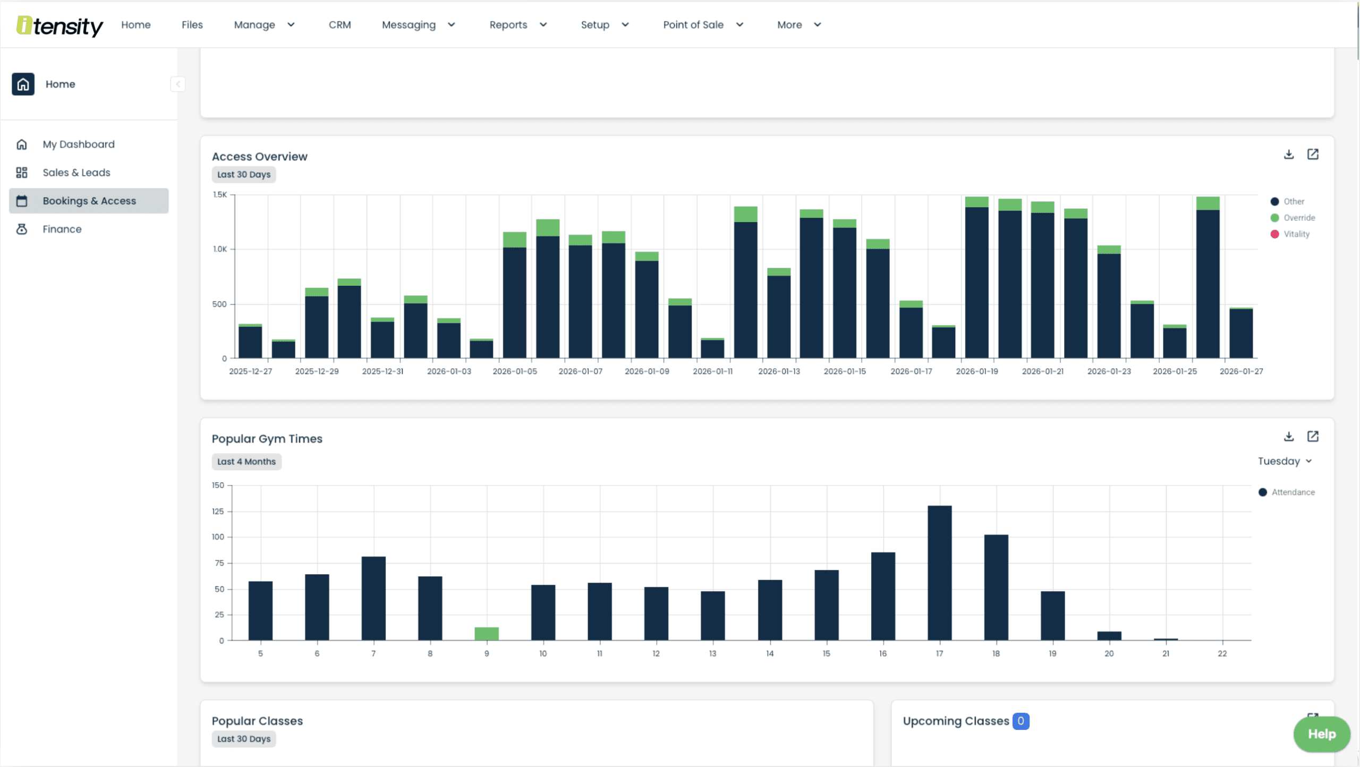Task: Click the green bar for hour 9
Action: pyautogui.click(x=486, y=634)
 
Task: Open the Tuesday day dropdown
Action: pyautogui.click(x=1285, y=461)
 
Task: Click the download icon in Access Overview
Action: pyautogui.click(x=1289, y=155)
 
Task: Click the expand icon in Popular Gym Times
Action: pyautogui.click(x=1313, y=437)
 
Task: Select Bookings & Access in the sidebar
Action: pyautogui.click(x=89, y=201)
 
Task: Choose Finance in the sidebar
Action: pyautogui.click(x=62, y=229)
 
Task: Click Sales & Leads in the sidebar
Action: pyautogui.click(x=76, y=173)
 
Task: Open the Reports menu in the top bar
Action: pyautogui.click(x=517, y=25)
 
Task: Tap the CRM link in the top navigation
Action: pyautogui.click(x=339, y=25)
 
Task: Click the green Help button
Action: pyautogui.click(x=1321, y=734)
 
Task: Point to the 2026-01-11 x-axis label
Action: pyautogui.click(x=712, y=371)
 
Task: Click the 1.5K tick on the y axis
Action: pyautogui.click(x=220, y=195)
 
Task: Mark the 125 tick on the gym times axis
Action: pyautogui.click(x=218, y=512)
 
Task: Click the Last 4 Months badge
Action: pyautogui.click(x=246, y=462)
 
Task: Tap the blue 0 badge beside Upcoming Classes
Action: pyautogui.click(x=1021, y=721)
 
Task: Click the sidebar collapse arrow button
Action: pyautogui.click(x=178, y=84)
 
